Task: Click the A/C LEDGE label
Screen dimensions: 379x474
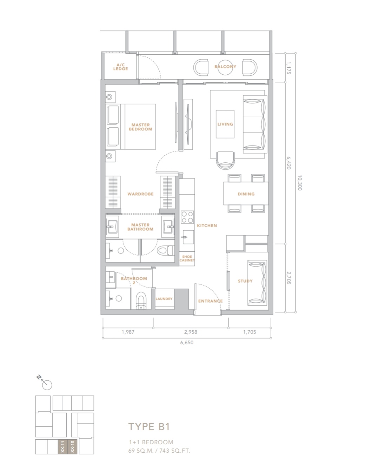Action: [x=120, y=67]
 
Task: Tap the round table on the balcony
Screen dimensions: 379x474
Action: [x=225, y=67]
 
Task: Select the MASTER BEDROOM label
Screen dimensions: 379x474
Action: [x=140, y=127]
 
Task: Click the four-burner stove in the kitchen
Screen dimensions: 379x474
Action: [x=187, y=217]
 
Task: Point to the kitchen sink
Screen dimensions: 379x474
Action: [x=188, y=237]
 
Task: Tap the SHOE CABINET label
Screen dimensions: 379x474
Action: [x=187, y=258]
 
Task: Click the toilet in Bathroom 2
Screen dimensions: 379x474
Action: [x=141, y=300]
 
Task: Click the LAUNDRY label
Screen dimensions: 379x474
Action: [x=164, y=299]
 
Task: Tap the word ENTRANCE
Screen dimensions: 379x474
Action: [x=210, y=301]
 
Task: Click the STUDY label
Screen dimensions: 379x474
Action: [x=245, y=281]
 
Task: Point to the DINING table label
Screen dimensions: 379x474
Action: [x=246, y=194]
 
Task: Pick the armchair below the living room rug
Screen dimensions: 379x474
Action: [x=225, y=160]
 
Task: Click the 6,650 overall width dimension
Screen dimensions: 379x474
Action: [x=187, y=343]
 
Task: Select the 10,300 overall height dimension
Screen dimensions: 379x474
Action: [x=299, y=183]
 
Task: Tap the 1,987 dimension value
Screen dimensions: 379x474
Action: [x=128, y=332]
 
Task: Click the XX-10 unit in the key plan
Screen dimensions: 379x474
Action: [x=72, y=446]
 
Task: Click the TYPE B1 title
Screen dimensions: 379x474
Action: [x=149, y=427]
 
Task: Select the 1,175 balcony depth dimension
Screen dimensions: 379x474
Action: [x=288, y=68]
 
